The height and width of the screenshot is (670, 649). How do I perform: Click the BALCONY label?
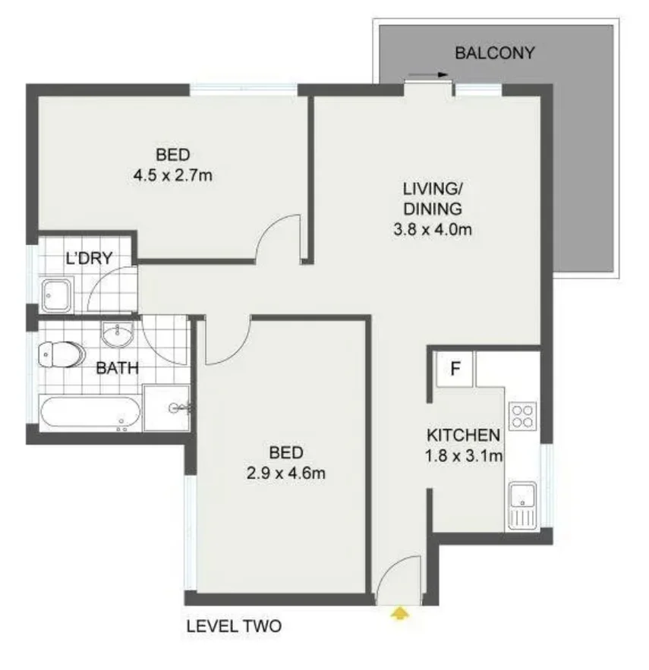coord(494,53)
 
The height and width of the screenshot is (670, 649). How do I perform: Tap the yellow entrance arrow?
coord(398,612)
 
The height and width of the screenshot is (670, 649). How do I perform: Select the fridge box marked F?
coord(455,370)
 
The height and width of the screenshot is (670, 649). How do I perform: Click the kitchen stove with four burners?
coord(522,416)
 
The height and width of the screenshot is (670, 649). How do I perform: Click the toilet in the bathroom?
coord(61,354)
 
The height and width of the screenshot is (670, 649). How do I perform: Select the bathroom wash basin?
coord(118,333)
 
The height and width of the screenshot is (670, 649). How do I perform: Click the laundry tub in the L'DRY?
coord(56,293)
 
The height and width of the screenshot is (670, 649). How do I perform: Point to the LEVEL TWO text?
coord(234,627)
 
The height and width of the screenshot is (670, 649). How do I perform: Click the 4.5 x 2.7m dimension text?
coord(172,176)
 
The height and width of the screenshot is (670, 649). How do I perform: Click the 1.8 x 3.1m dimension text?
coord(463,457)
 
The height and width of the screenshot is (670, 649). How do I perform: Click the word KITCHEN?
coord(463,436)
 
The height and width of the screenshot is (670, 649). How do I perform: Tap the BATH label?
coord(117,370)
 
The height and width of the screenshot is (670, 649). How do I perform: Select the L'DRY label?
coord(89,258)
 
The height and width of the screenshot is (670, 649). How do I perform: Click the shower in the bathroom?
coord(167,407)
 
